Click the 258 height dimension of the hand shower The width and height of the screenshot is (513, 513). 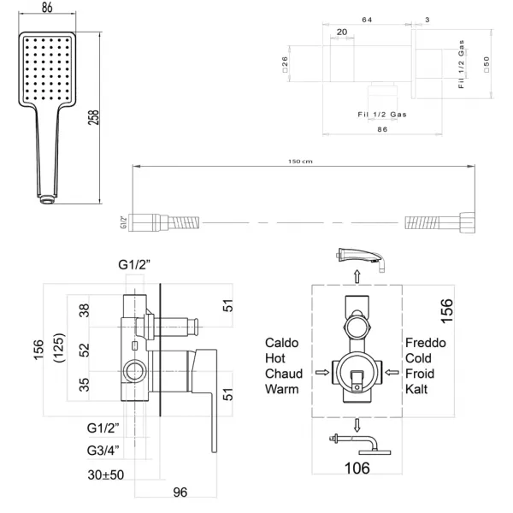point(93,117)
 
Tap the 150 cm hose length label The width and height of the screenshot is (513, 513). point(300,162)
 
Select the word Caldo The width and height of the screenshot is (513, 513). point(281,343)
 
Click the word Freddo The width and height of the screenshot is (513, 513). point(425,343)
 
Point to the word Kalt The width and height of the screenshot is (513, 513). point(416,389)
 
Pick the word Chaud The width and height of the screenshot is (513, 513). point(284,374)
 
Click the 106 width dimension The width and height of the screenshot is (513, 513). point(357,469)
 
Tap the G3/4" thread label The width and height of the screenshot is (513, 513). point(103,451)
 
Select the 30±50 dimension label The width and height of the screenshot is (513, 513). point(106,475)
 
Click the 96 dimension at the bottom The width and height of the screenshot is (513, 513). point(180,492)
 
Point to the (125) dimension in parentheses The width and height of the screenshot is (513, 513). point(59,348)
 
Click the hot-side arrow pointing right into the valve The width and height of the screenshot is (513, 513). point(322,372)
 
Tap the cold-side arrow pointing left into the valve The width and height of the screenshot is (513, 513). point(392,372)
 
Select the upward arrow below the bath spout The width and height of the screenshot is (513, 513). point(357,276)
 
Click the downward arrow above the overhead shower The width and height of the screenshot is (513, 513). point(357,425)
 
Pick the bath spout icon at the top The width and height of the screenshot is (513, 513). point(361,259)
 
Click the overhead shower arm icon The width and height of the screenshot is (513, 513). point(360,444)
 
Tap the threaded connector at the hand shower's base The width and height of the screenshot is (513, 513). point(47,199)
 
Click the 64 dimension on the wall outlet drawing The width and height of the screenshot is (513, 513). point(367,20)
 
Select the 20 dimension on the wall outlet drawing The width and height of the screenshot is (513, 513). point(342,32)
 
